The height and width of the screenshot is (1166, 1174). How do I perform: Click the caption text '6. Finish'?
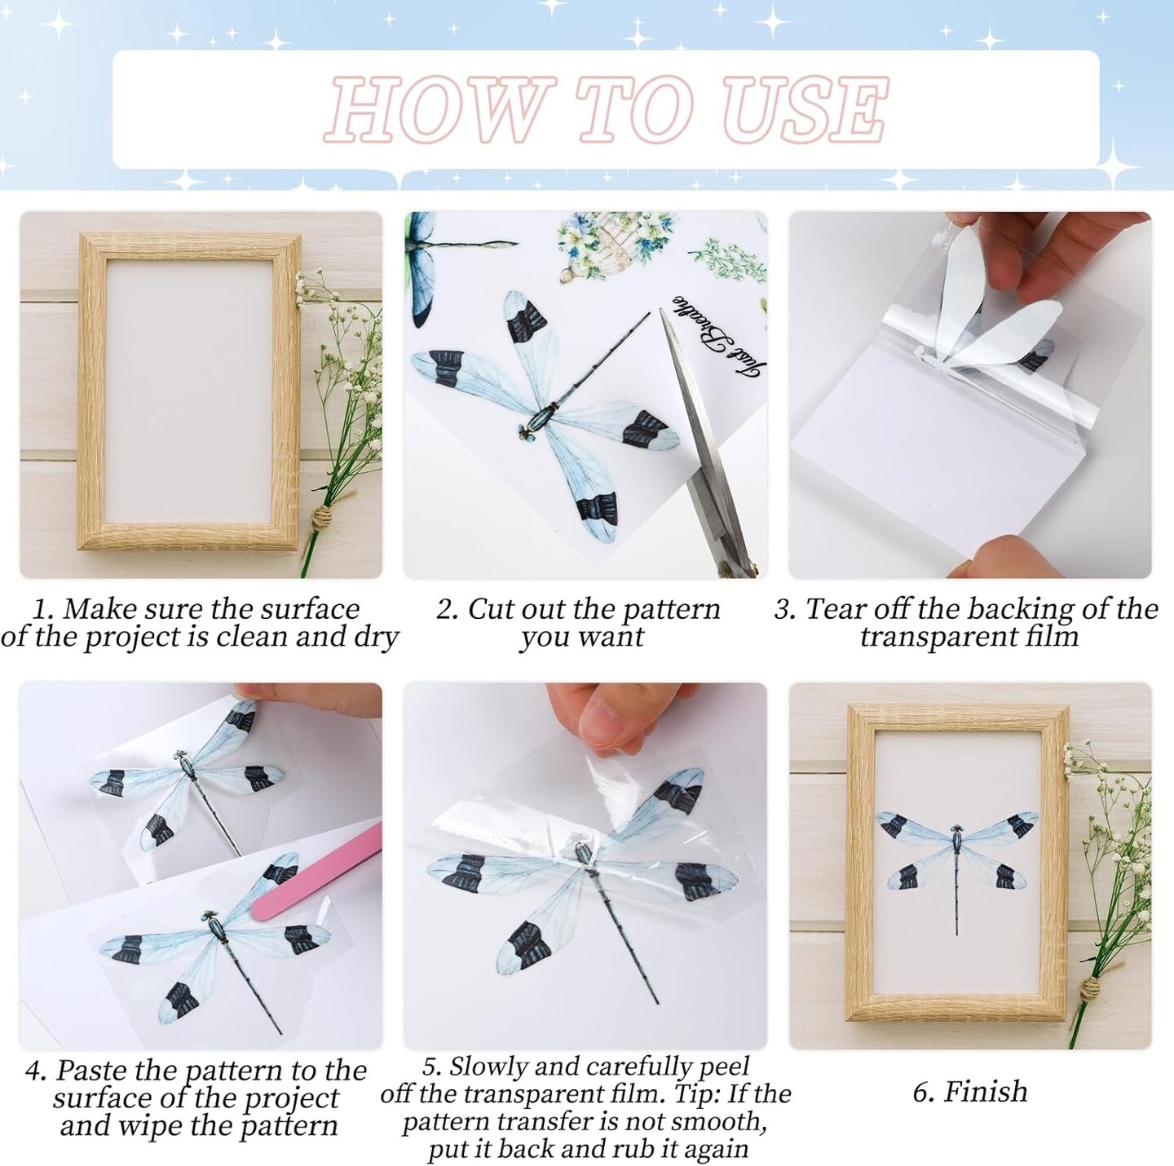tap(969, 1091)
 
